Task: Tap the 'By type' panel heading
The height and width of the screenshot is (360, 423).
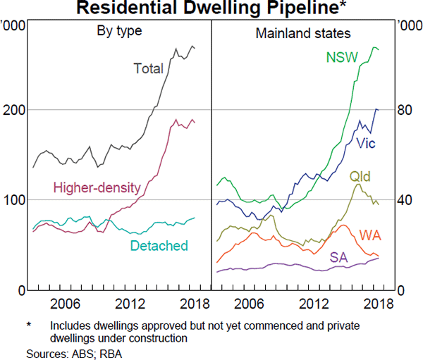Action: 119,31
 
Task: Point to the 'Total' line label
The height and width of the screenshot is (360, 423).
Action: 148,68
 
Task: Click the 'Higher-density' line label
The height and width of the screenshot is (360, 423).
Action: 97,188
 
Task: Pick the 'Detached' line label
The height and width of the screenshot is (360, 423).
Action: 159,246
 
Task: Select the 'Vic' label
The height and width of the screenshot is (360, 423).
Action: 366,144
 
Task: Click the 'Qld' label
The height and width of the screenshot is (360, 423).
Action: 360,176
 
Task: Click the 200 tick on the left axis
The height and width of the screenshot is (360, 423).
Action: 14,110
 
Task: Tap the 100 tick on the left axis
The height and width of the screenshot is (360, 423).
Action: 14,200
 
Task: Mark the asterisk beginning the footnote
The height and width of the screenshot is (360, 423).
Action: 30,325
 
